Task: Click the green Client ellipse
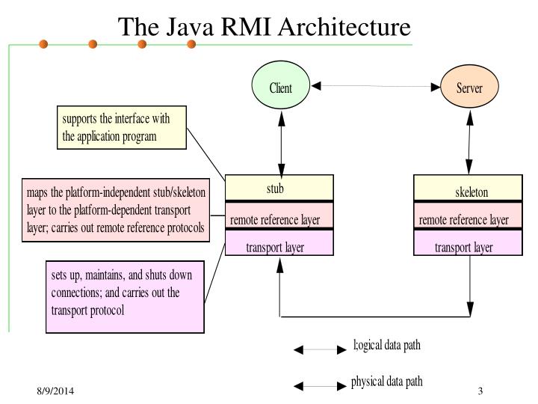[281, 88]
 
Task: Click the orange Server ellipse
[469, 88]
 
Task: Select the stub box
[279, 189]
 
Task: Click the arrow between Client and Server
[375, 87]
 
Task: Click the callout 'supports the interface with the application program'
[121, 127]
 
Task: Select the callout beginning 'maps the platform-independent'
[115, 210]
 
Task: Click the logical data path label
[387, 346]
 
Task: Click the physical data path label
[386, 382]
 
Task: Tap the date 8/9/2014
[55, 393]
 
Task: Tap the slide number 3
[480, 393]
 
